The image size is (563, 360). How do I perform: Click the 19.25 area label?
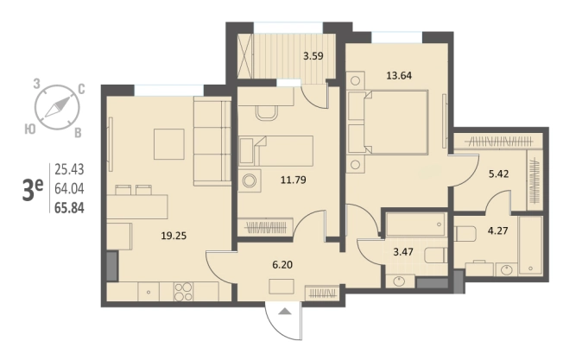(x=174, y=236)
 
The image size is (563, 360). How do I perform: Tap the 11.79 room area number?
(x=294, y=180)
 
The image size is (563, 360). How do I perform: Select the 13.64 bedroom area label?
(x=399, y=76)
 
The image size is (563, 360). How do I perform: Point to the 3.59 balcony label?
(x=313, y=56)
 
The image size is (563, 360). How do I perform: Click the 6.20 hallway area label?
(x=282, y=265)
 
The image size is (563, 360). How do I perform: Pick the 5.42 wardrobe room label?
(x=499, y=174)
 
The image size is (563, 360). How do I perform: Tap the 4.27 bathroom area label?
(x=497, y=231)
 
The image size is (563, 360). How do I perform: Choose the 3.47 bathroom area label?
(x=403, y=251)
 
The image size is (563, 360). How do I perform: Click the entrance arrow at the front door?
(x=285, y=312)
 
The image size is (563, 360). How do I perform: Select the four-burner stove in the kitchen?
(x=183, y=292)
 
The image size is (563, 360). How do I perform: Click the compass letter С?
(x=81, y=89)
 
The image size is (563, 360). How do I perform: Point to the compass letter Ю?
(x=30, y=129)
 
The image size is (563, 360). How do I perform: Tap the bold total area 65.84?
(x=69, y=208)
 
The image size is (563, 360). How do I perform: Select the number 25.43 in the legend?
(x=69, y=169)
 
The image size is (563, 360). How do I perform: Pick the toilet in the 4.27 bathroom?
(x=465, y=234)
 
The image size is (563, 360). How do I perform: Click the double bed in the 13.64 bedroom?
(x=395, y=122)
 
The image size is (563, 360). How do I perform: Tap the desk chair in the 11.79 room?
(x=266, y=113)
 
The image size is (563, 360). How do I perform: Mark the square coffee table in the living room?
(x=169, y=144)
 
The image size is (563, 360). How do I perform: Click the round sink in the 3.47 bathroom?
(x=399, y=281)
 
